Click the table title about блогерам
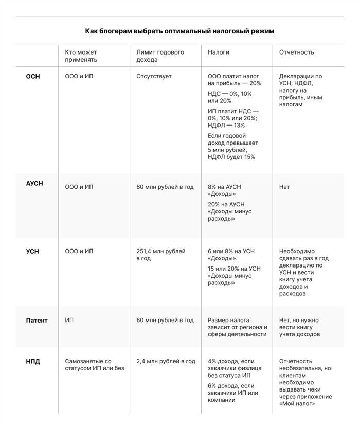pos(179,31)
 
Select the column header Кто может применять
pos(81,56)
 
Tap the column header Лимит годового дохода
pos(160,56)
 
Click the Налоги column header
pos(219,52)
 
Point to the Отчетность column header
pos(296,52)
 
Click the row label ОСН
pos(33,76)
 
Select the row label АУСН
pos(34,183)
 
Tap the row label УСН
pos(33,252)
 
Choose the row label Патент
pos(37,320)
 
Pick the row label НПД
pos(33,361)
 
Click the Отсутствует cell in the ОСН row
pos(154,76)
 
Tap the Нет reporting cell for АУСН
pos(284,187)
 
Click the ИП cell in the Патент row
pos(69,320)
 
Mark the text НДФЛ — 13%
pos(226,125)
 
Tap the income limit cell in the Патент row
pos(165,320)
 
